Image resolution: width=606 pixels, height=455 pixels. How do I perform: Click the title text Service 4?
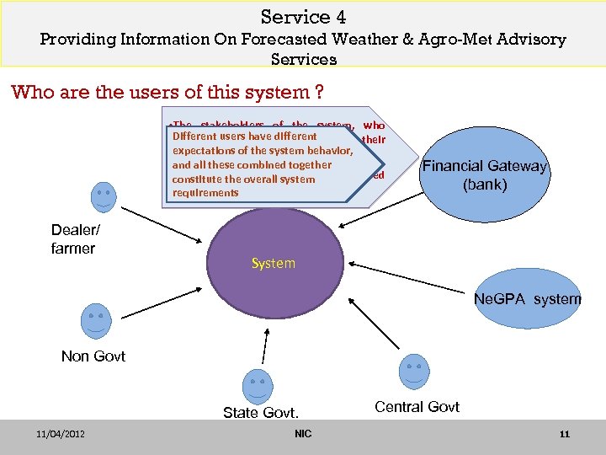pos(303,17)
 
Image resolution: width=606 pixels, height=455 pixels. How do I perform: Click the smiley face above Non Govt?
pos(94,320)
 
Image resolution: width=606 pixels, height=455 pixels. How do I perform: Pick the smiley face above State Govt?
pos(257,386)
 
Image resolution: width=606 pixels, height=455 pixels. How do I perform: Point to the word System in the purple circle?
pos(274,263)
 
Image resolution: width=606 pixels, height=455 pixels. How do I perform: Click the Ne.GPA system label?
pos(527,299)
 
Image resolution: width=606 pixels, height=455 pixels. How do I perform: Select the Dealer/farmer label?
pos(73,238)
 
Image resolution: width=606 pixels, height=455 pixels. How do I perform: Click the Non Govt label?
pos(93,356)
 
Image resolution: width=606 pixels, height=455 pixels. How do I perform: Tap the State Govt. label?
pos(261,413)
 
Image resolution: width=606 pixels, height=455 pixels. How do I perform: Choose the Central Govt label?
pos(417,407)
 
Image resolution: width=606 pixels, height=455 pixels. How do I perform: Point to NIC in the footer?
pos(303,434)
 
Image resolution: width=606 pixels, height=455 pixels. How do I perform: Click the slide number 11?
pos(564,434)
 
